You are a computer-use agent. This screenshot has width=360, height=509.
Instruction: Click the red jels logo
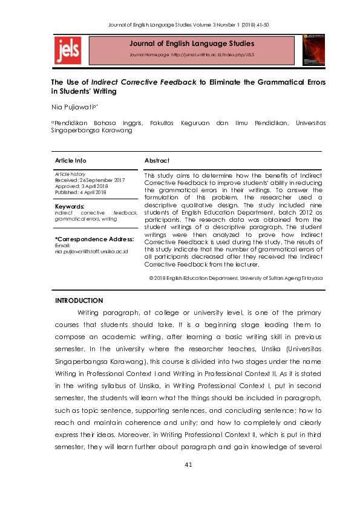(x=68, y=50)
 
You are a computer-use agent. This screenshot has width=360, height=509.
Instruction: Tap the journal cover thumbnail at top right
(x=313, y=49)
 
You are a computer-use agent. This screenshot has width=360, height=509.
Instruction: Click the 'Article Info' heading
(x=70, y=161)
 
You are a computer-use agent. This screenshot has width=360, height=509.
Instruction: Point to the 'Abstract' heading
(x=157, y=161)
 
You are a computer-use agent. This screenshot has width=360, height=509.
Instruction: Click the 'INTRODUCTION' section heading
(x=79, y=300)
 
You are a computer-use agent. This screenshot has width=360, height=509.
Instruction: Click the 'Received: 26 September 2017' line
(x=90, y=180)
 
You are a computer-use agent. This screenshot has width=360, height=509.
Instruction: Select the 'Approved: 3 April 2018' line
(x=81, y=186)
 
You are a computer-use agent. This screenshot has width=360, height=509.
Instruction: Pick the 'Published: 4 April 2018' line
(x=81, y=192)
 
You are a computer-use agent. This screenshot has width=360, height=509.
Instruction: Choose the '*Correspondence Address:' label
(x=94, y=239)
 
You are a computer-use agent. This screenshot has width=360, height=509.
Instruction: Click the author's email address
(x=91, y=251)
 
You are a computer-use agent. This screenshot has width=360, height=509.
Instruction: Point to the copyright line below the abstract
(x=235, y=277)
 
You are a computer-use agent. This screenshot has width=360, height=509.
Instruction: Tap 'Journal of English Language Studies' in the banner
(x=191, y=44)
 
